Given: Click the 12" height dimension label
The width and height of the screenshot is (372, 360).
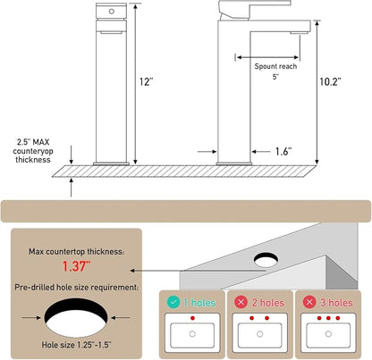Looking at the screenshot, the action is tap(146, 81).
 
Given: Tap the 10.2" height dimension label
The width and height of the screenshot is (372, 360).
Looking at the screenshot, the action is tap(330, 81).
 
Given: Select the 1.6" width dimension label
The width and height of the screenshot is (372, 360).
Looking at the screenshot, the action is tap(283, 152).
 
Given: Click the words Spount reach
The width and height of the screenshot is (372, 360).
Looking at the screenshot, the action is tap(275, 66).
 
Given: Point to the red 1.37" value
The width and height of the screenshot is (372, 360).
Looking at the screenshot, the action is tap(76, 266).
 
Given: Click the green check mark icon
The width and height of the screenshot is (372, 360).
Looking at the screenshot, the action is tap(173, 302).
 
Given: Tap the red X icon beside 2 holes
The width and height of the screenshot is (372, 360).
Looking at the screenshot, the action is tap(241, 302).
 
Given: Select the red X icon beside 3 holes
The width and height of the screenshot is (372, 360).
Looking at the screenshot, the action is tap(309, 302).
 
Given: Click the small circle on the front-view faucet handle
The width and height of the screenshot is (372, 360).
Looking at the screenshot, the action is tap(112, 12).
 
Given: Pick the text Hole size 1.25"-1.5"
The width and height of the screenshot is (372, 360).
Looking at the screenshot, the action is tap(76, 345).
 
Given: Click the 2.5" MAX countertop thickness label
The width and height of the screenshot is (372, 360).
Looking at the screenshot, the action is tap(33, 151).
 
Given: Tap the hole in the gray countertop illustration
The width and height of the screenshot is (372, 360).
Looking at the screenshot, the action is tap(266, 260).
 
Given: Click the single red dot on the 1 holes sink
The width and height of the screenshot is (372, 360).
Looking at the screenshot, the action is tap(192, 318).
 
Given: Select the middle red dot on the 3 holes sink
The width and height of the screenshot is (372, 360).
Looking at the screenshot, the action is tap(328, 318).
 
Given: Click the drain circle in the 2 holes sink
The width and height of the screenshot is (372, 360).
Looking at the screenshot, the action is tap(260, 334).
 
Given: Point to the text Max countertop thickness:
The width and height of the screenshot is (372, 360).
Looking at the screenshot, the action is tap(76, 252).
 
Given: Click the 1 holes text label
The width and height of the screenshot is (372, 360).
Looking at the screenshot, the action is tap(199, 303).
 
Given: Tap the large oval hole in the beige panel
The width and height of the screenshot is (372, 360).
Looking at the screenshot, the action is tap(76, 318).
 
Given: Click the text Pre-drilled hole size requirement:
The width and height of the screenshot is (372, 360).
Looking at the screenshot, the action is tap(76, 288).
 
